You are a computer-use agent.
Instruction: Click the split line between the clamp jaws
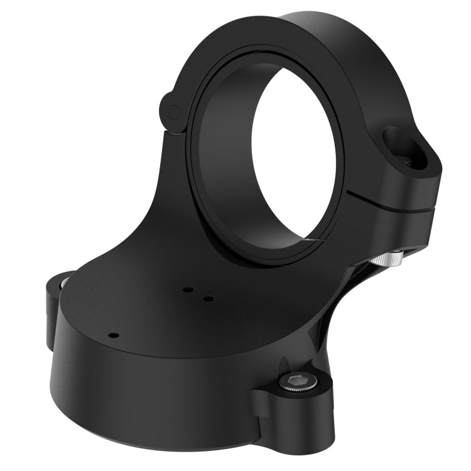coord(389,202)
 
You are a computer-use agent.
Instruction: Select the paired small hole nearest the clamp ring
coord(187,290)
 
